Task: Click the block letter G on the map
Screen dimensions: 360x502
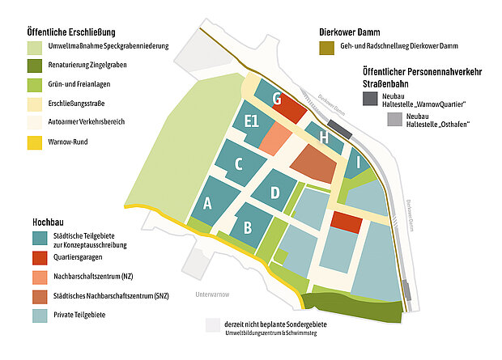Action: tap(277, 100)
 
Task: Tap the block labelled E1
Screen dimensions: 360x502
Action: tap(251, 122)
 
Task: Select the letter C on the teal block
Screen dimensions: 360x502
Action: tap(239, 164)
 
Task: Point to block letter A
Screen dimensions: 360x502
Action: tap(208, 203)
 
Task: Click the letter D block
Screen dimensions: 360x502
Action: tap(275, 193)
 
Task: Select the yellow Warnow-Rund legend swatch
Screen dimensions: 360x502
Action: tap(36, 144)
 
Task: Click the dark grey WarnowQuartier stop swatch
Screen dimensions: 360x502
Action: tap(369, 99)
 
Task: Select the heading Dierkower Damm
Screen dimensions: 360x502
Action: tap(355, 33)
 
